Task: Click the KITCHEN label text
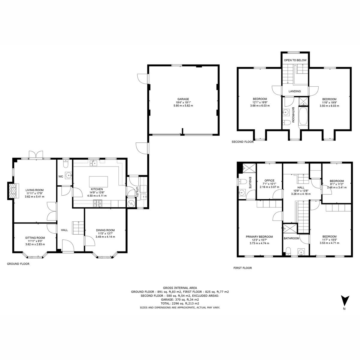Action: [97, 189]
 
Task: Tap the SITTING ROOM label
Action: [35, 238]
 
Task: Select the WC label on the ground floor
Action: [61, 176]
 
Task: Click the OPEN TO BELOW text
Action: [295, 60]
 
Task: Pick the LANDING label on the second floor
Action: [294, 91]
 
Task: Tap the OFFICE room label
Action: [269, 180]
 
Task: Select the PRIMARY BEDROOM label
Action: [259, 236]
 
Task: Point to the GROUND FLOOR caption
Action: [18, 264]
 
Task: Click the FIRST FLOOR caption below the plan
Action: [242, 268]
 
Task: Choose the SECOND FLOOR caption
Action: [242, 142]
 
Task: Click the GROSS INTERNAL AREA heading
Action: [180, 287]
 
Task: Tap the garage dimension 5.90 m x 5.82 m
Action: [183, 106]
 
